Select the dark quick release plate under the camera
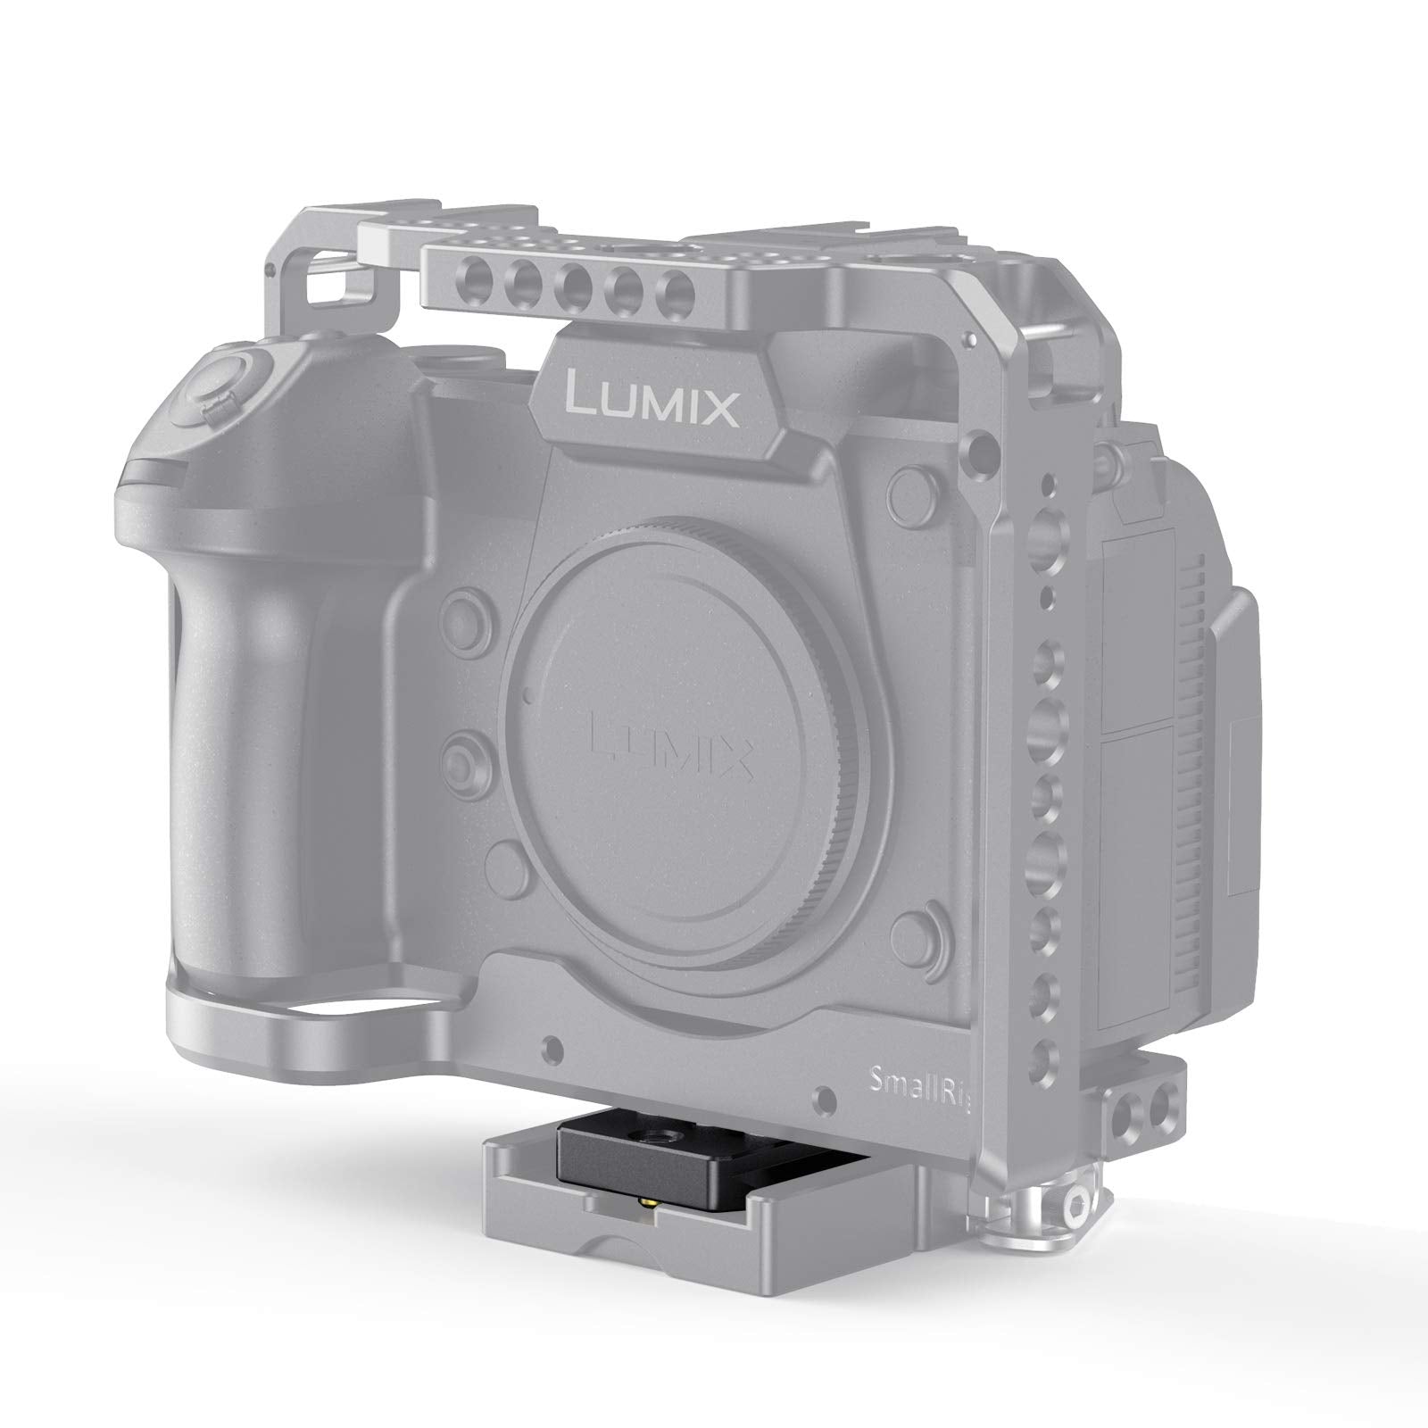tap(656, 1163)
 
